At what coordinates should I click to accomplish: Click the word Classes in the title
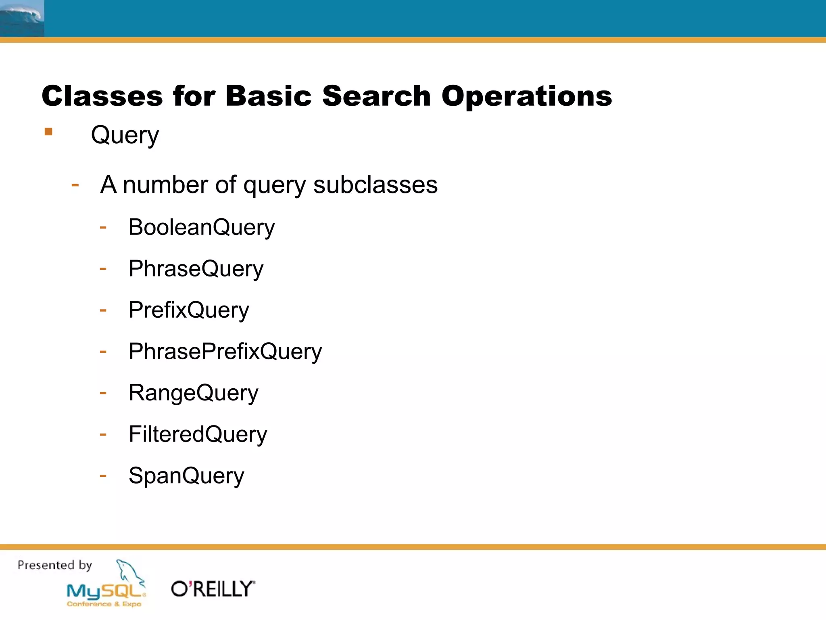[102, 96]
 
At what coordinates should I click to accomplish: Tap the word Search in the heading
[376, 96]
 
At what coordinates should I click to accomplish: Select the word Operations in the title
[526, 96]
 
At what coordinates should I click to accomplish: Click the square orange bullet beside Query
[48, 132]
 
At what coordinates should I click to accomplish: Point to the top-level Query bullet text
[125, 135]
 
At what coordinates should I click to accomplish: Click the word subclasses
[375, 185]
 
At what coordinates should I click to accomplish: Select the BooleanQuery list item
[201, 227]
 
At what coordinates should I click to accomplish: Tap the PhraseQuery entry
[196, 269]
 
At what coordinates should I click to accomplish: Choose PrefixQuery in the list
[189, 310]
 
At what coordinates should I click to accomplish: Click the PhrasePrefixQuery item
[225, 352]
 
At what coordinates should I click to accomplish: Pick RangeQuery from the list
[193, 393]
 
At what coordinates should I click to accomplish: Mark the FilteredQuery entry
[198, 434]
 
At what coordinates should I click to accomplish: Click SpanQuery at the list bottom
[186, 476]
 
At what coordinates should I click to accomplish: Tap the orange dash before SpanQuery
[103, 476]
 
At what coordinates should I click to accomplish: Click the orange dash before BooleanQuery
[103, 228]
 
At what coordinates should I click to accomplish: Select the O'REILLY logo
[213, 589]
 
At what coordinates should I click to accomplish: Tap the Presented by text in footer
[55, 565]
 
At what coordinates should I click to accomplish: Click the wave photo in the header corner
[22, 19]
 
